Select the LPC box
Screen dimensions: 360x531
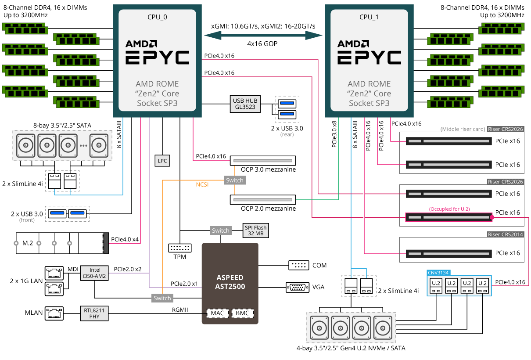162,161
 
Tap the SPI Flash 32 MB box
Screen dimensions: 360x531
255,230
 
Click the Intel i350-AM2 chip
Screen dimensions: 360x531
95,273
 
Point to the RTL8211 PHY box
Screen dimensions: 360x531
94,313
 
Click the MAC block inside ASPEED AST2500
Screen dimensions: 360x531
218,313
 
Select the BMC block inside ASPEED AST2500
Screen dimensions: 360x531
243,313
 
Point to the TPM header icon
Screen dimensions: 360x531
179,248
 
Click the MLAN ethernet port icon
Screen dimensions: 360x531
54,313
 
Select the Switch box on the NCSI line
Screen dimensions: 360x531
234,180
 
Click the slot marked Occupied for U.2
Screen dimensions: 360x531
448,217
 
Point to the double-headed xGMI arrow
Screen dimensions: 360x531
263,36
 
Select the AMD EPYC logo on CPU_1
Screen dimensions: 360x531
369,52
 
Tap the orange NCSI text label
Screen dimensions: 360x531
202,184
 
